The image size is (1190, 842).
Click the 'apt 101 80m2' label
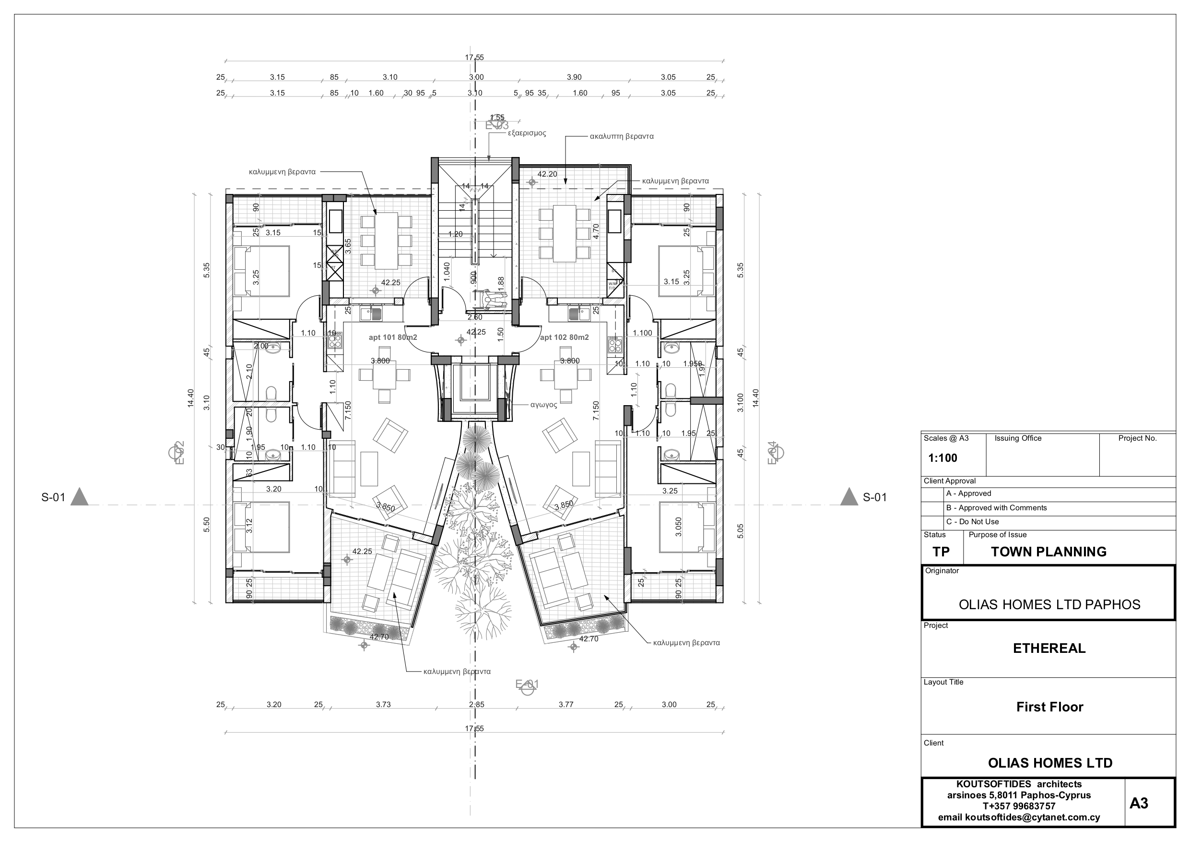click(x=393, y=337)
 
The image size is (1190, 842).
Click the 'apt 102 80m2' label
click(x=565, y=337)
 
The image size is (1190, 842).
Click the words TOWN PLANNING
click(x=1049, y=552)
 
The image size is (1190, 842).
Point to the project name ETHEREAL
click(x=1049, y=648)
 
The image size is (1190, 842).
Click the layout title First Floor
click(x=1049, y=707)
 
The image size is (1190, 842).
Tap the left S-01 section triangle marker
click(x=79, y=497)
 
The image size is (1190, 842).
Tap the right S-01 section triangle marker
click(x=848, y=497)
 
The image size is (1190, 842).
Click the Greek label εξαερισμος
click(x=527, y=133)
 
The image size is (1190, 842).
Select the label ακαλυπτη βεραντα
click(x=622, y=136)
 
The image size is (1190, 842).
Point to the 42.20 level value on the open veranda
click(x=547, y=174)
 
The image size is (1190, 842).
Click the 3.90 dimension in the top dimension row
click(x=574, y=77)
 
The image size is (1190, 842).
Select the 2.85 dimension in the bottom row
click(x=476, y=705)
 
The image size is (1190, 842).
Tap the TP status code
click(x=941, y=552)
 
